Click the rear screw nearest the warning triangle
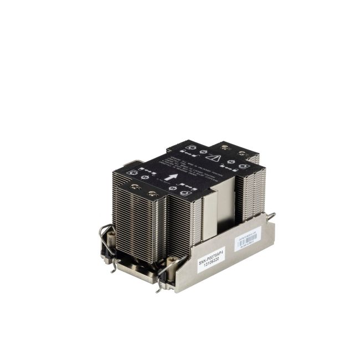225,147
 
